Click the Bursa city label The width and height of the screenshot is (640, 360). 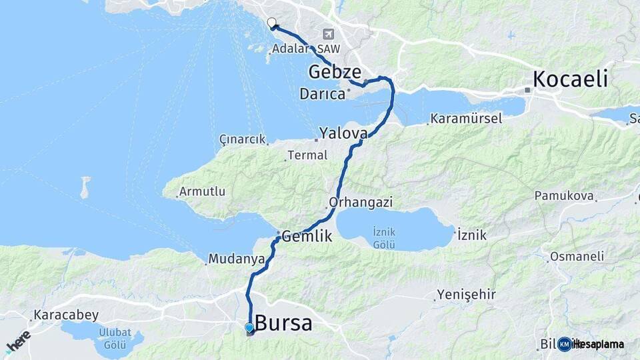pos(283,323)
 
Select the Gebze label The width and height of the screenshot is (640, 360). pos(335,72)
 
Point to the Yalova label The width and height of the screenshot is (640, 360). pos(343,133)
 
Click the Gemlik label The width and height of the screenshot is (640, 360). pos(307,235)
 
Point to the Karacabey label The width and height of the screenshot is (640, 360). pos(66,315)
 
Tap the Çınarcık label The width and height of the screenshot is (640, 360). pos(243,139)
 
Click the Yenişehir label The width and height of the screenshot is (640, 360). pos(467,294)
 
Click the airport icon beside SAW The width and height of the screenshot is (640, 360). pos(328,34)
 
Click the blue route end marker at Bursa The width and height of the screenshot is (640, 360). pos(249,328)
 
